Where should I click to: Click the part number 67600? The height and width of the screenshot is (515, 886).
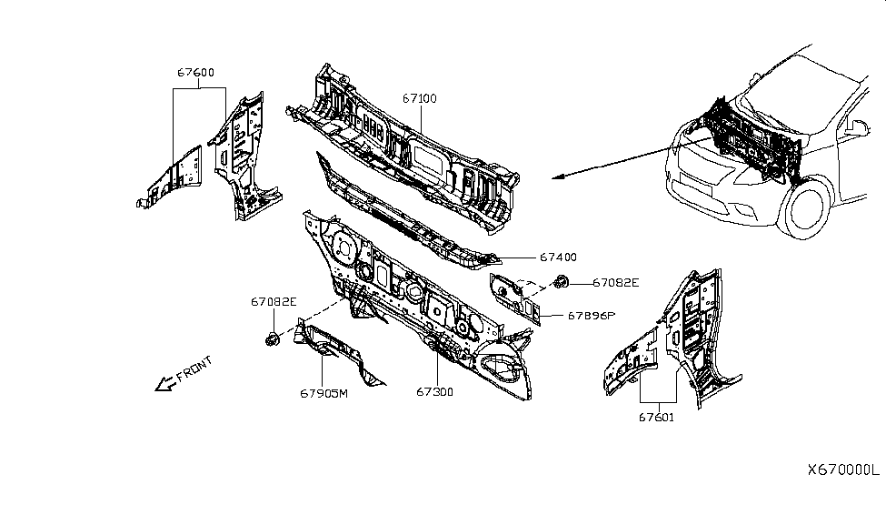tap(196, 73)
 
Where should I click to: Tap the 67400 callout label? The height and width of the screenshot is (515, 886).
tap(558, 257)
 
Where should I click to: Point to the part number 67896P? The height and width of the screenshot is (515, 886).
tap(592, 316)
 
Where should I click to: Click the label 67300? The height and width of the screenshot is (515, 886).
tap(434, 392)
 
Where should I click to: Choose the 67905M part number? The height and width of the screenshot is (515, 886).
tap(324, 393)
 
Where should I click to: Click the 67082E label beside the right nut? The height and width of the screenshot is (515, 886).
tap(616, 283)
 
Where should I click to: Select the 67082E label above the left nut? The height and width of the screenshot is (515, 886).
tap(274, 301)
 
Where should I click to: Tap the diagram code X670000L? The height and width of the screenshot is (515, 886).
tap(843, 470)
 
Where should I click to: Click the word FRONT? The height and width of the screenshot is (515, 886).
tap(194, 369)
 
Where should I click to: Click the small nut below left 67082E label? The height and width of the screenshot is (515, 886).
tap(272, 339)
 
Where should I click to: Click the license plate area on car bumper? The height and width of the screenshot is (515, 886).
tap(700, 188)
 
